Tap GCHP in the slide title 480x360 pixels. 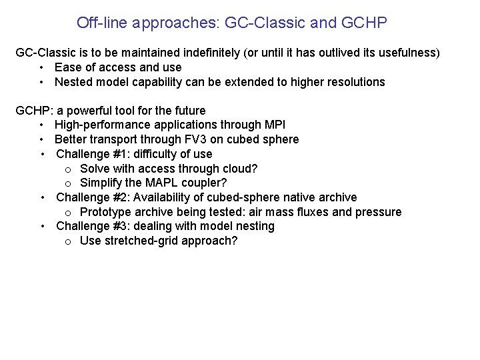click(x=363, y=23)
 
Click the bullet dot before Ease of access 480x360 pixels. click(x=41, y=67)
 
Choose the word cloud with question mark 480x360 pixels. click(x=239, y=169)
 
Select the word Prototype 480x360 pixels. click(x=105, y=212)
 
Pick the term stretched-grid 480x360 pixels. click(x=136, y=241)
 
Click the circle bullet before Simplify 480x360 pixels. click(x=69, y=183)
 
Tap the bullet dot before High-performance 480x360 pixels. click(x=41, y=125)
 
